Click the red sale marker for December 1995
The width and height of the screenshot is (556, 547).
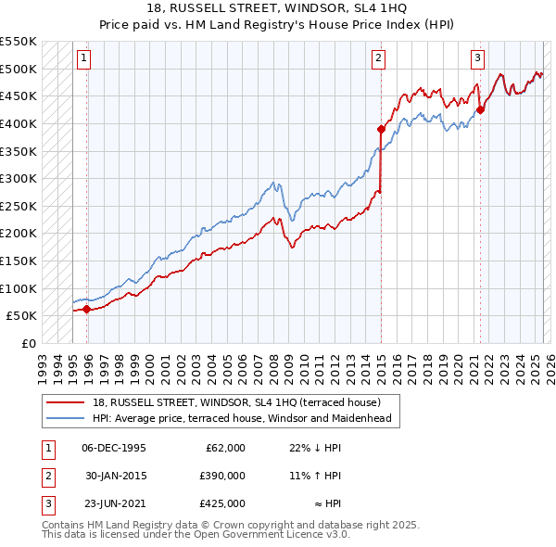(x=87, y=310)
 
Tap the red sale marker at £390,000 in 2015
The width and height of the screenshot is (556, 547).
(x=381, y=129)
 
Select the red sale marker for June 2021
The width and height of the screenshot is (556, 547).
(x=480, y=109)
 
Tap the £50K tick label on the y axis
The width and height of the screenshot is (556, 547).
(x=21, y=316)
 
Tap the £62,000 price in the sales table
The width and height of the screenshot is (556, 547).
(x=224, y=448)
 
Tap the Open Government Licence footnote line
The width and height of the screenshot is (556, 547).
(x=196, y=535)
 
